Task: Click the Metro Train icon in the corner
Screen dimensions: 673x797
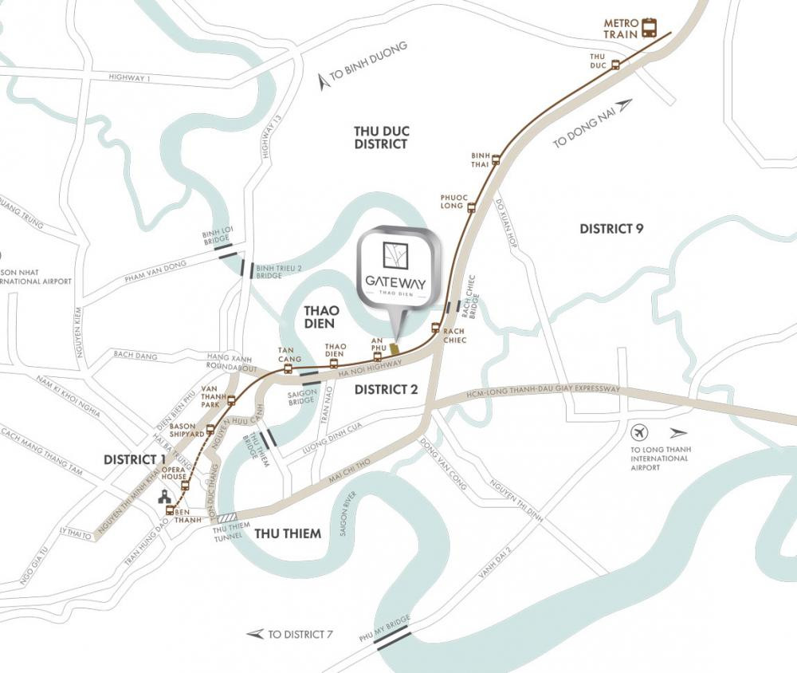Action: coord(650,28)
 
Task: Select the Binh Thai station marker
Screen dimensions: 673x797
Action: coord(496,159)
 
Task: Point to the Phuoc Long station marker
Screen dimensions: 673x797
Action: coord(471,207)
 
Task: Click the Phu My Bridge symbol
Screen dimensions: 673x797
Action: coord(394,637)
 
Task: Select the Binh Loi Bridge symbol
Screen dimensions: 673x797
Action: coord(224,253)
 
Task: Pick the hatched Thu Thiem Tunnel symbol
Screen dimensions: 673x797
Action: coord(228,518)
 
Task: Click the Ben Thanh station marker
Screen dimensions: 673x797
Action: coord(170,510)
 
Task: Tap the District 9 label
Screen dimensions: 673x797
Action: coord(611,229)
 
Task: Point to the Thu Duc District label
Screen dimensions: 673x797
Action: coord(381,136)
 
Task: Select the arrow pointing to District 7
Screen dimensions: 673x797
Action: coord(255,634)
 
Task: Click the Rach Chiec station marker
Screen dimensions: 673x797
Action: coord(435,328)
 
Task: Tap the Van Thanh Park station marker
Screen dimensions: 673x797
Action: coord(231,400)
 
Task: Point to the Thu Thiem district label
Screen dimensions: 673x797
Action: coord(287,533)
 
